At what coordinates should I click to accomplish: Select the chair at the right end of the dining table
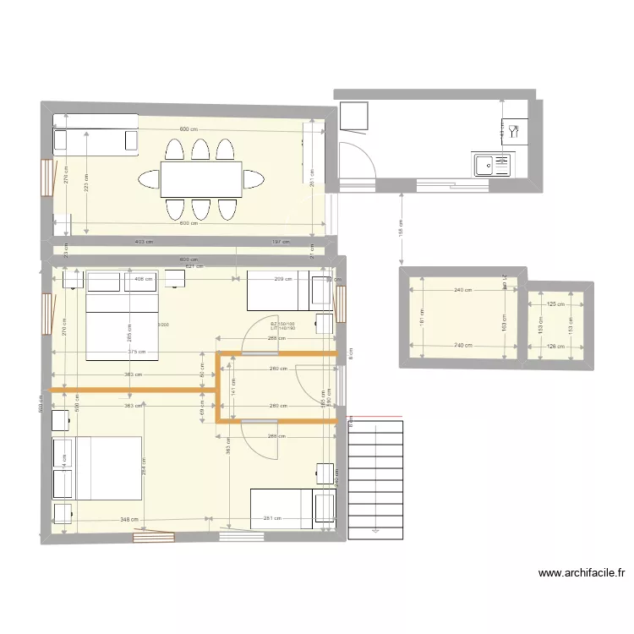pos(253,179)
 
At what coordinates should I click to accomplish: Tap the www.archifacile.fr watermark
pos(582,573)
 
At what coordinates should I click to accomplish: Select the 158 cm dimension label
pos(401,227)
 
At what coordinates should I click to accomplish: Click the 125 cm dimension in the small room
pos(555,304)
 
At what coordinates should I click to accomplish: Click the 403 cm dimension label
pos(144,242)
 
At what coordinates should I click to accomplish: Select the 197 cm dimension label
pos(280,242)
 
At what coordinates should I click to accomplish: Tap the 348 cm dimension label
pos(129,520)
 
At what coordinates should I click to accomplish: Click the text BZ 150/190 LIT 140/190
pos(283,325)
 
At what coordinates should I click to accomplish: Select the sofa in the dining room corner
pos(96,140)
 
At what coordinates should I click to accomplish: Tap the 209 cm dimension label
pos(282,278)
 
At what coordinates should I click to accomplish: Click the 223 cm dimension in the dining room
pos(85,183)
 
